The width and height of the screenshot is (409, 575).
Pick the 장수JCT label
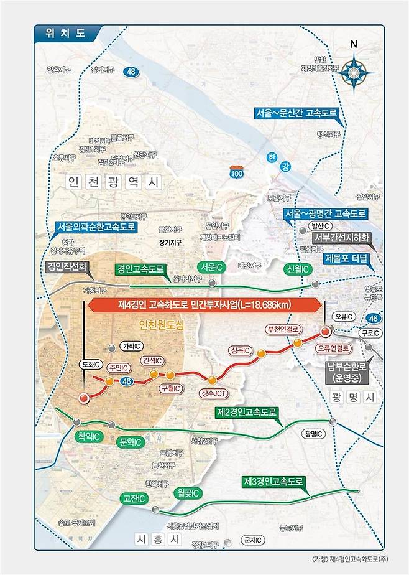tap(213, 393)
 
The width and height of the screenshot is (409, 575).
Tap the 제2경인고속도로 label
tap(246, 412)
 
